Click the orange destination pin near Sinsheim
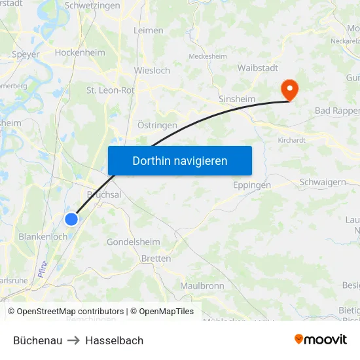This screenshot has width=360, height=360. (x=288, y=89)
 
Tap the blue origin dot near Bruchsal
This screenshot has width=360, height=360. (x=71, y=219)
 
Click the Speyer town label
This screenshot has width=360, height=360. (x=26, y=54)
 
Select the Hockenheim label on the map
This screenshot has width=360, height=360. (x=80, y=52)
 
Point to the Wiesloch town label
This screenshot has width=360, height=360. (x=152, y=70)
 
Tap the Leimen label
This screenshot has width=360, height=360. (x=148, y=30)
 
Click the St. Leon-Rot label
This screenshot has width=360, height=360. (x=110, y=90)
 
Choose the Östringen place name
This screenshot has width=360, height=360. (x=157, y=124)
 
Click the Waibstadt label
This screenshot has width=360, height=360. (x=257, y=67)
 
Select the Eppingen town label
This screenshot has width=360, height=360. (x=252, y=185)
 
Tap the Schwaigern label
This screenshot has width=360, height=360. (x=322, y=182)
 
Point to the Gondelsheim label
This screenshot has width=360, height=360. (x=133, y=242)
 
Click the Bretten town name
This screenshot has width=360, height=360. (x=156, y=259)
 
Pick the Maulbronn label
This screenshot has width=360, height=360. (x=202, y=285)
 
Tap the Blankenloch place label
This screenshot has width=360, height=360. (x=43, y=236)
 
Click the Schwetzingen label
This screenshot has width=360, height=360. (x=92, y=5)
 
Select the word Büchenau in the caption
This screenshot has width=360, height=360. (x=37, y=340)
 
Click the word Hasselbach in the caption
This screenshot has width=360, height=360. (x=114, y=340)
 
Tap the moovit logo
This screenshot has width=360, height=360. (x=320, y=339)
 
